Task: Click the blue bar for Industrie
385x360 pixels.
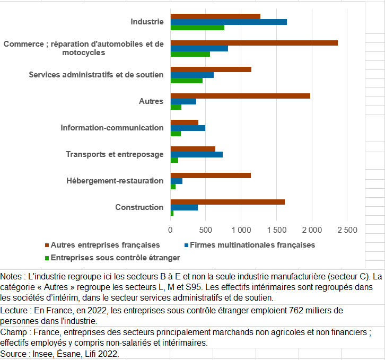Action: point(229,22)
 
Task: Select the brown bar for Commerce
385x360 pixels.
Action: point(254,43)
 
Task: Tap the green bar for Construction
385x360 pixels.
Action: point(172,213)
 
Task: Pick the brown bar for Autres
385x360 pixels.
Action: point(240,96)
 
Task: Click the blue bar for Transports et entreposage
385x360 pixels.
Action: point(197,154)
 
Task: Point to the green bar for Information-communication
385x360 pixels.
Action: point(176,133)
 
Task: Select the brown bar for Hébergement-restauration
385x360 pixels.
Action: point(211,175)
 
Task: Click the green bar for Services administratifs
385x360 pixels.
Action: point(187,80)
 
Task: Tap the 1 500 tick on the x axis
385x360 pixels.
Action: point(277,230)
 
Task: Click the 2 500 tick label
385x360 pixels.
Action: point(347,230)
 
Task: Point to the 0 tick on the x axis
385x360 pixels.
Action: point(170,230)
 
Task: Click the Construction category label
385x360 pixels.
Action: point(139,207)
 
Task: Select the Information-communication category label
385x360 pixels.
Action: point(112,128)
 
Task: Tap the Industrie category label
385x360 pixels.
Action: point(147,22)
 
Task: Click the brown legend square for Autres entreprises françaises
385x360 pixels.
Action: point(47,245)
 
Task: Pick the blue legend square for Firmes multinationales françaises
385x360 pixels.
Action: point(186,245)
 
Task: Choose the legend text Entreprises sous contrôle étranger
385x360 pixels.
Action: point(116,258)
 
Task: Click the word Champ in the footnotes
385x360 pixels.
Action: point(13,332)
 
